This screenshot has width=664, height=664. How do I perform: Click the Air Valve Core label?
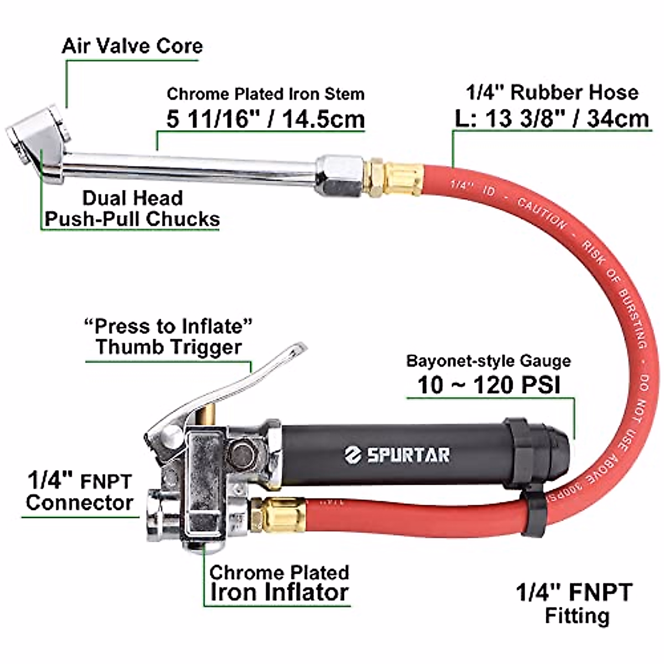pyautogui.click(x=132, y=46)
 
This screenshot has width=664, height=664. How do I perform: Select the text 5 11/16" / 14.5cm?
pyautogui.click(x=266, y=119)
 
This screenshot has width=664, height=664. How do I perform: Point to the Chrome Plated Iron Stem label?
pyautogui.click(x=266, y=94)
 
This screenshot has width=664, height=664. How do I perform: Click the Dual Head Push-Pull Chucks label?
pyautogui.click(x=132, y=209)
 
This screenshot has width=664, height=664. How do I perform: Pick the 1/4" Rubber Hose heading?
pyautogui.click(x=552, y=92)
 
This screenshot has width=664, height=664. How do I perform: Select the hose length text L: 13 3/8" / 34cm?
pyautogui.click(x=552, y=118)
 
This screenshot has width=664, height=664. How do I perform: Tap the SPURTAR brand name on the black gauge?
pyautogui.click(x=408, y=455)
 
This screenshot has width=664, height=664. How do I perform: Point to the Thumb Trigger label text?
pyautogui.click(x=169, y=347)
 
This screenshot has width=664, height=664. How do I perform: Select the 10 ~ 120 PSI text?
pyautogui.click(x=489, y=385)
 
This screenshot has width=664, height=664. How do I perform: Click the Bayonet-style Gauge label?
pyautogui.click(x=489, y=361)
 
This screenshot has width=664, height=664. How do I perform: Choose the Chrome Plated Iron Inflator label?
pyautogui.click(x=279, y=583)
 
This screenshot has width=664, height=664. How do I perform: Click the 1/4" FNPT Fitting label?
pyautogui.click(x=574, y=603)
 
